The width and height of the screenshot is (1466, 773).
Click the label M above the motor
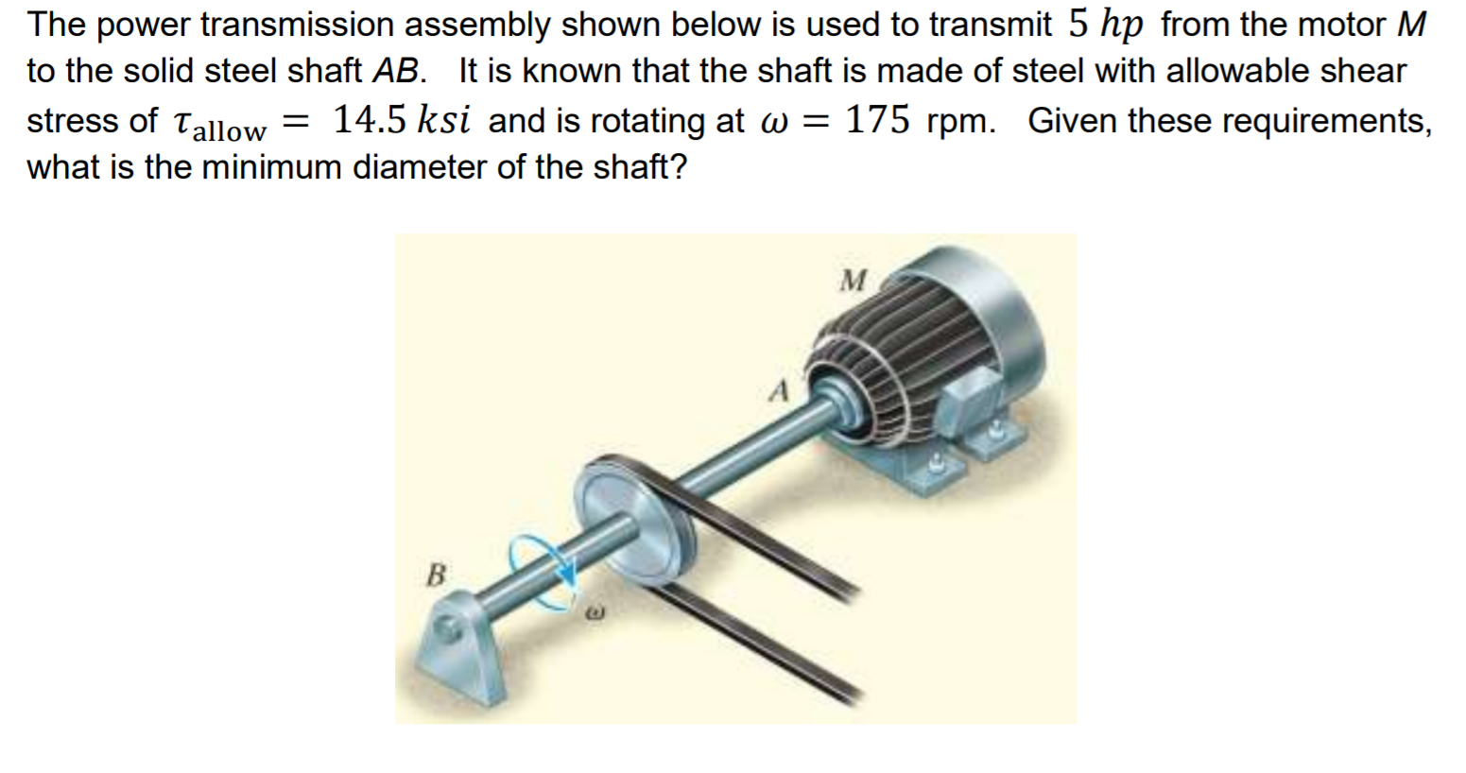[x=854, y=280]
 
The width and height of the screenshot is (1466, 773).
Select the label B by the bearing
[x=436, y=574]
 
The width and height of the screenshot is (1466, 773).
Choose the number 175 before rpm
[x=878, y=120]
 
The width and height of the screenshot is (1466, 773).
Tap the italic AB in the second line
[x=394, y=72]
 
